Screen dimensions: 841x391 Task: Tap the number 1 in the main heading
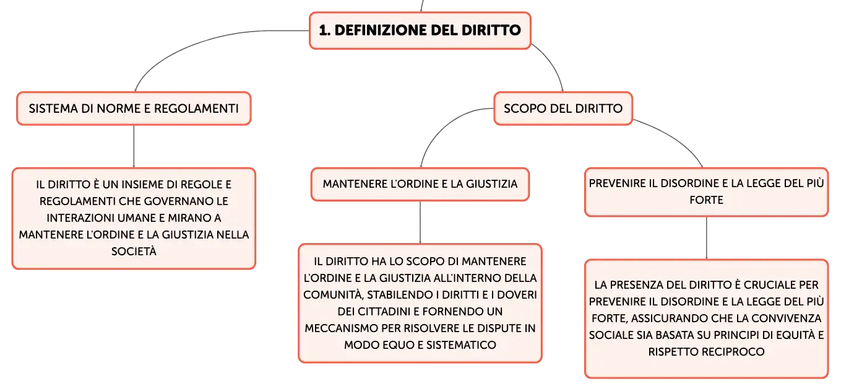click(x=323, y=30)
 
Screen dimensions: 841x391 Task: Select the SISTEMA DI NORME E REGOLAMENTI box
click(x=134, y=108)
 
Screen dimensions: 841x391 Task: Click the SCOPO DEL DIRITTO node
click(x=563, y=108)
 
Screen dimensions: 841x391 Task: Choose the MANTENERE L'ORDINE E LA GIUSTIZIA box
click(x=420, y=184)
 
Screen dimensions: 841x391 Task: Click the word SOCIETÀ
click(x=134, y=251)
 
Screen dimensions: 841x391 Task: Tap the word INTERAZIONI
click(x=79, y=218)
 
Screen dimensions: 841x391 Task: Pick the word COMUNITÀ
click(x=334, y=295)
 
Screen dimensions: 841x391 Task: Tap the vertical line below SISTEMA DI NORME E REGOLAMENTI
click(x=134, y=146)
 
